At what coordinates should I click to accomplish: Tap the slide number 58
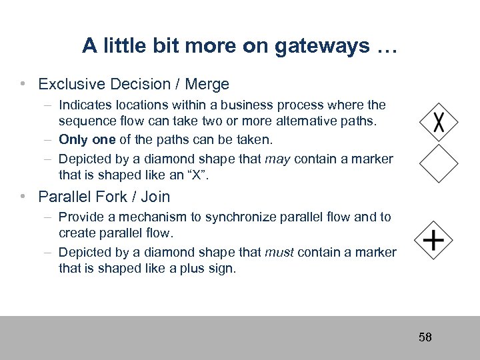[x=425, y=337]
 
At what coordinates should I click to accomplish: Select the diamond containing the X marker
[x=439, y=122]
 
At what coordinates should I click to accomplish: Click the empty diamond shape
[x=439, y=164]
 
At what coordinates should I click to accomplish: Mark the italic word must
[x=281, y=252]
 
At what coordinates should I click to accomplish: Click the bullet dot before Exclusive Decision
[x=23, y=84]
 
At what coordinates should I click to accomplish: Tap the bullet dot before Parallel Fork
[x=23, y=196]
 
